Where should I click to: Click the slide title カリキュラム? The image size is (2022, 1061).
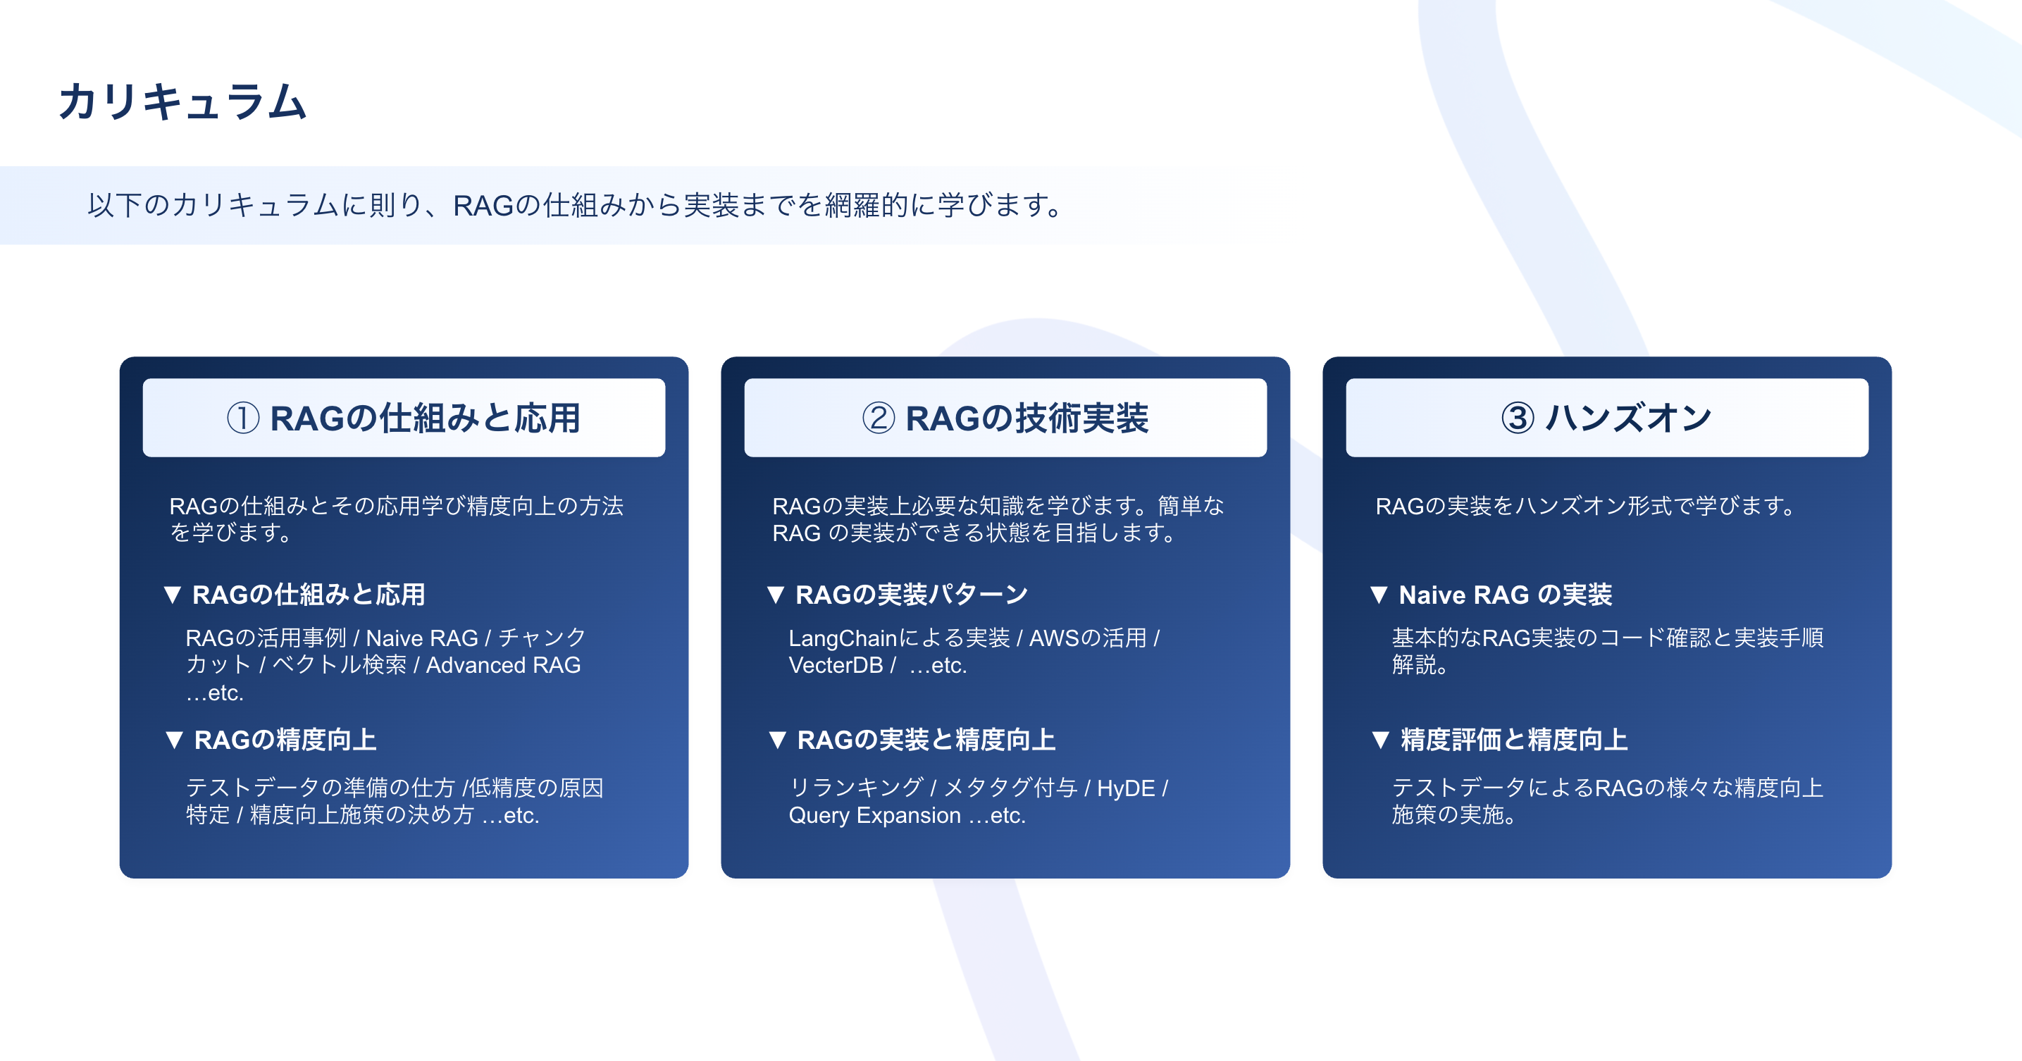tap(182, 102)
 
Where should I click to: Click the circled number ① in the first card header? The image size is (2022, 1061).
tap(243, 418)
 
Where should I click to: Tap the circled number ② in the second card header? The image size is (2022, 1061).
tap(879, 418)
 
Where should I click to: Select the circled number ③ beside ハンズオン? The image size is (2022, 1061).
tap(1518, 418)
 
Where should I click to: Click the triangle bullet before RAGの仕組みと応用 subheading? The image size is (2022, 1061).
tap(173, 595)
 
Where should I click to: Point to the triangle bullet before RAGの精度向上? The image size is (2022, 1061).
tap(174, 740)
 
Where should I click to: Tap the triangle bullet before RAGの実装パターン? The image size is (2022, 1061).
tap(776, 595)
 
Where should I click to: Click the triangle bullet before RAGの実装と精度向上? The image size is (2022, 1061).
tap(777, 740)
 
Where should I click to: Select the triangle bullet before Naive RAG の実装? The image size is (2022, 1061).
tap(1378, 595)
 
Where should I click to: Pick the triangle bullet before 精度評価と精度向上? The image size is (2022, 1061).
tap(1381, 740)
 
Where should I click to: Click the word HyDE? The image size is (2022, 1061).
tap(1126, 788)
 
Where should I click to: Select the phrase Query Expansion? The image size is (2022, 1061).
tap(874, 816)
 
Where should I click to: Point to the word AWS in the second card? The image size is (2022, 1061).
tap(1055, 638)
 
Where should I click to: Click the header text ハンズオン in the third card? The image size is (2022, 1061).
tap(1629, 418)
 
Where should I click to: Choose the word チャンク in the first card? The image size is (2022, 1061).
tap(542, 638)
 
